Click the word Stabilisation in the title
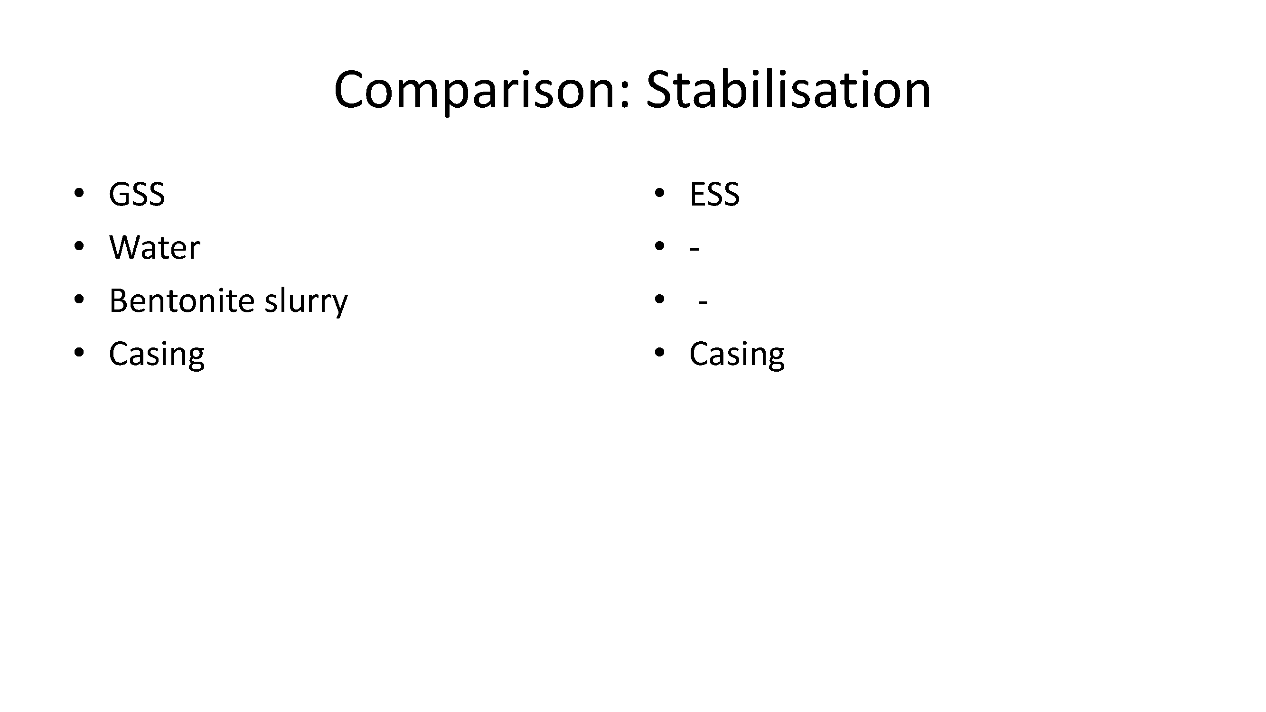788,89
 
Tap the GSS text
137,194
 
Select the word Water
155,247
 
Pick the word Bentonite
182,300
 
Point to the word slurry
306,301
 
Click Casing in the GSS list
157,355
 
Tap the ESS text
714,194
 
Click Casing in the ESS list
737,355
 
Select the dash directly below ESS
694,249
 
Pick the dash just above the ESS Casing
703,302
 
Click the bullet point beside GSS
79,193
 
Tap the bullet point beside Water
79,246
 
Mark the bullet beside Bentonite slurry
79,299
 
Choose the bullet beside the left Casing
79,352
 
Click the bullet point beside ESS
659,193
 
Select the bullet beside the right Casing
659,352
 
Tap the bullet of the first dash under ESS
659,246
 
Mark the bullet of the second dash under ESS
659,299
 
